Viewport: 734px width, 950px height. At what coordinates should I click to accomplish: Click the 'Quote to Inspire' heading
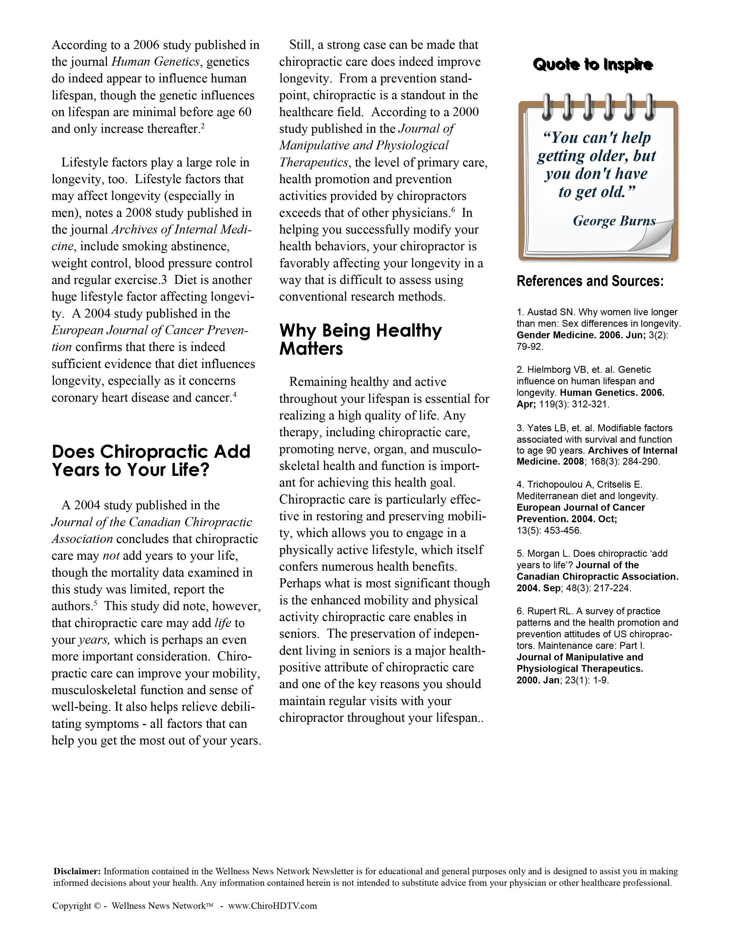point(593,65)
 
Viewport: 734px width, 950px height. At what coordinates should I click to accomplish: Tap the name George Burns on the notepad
point(614,221)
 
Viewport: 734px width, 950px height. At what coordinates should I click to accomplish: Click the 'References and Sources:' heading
point(590,281)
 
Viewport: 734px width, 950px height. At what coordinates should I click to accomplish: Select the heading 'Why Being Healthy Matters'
point(360,339)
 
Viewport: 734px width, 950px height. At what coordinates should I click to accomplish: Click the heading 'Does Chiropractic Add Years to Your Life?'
point(151,460)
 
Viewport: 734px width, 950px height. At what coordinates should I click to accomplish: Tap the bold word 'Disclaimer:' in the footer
point(77,871)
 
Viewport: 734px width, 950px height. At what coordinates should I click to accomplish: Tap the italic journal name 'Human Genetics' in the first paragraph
point(155,62)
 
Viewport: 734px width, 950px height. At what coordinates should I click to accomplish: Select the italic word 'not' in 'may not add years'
point(110,555)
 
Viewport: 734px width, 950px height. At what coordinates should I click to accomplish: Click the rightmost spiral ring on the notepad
point(649,106)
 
